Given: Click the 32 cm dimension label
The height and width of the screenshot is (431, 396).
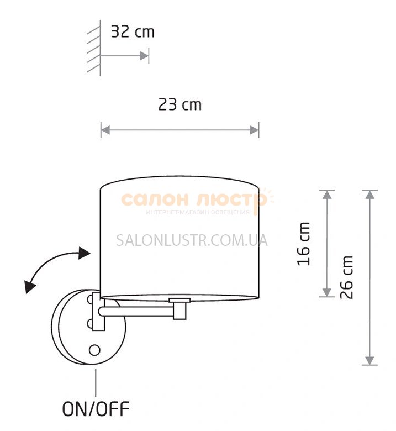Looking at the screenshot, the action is coord(133,32).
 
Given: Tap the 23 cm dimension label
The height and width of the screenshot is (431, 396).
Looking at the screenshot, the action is coord(180,105).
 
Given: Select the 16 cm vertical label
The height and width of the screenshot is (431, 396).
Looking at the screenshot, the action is coord(304,244).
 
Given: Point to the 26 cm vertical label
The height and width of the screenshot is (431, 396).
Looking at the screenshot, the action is coord(346,277).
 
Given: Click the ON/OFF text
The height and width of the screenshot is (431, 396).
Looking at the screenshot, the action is coord(96,409).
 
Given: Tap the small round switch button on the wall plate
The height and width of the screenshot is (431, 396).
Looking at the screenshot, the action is coord(94,350).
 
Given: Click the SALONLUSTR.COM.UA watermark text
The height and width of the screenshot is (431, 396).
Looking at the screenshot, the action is coord(192,240).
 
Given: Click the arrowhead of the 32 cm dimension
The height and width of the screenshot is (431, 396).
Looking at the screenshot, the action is coord(144,56).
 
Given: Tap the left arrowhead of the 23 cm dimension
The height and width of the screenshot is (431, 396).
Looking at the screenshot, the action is coord(105,130).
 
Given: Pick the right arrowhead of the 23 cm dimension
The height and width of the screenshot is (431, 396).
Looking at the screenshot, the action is coord(254,130).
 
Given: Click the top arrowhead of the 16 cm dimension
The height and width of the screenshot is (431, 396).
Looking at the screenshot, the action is coord(327,195).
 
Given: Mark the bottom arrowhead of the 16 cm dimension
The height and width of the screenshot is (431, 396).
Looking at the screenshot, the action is coord(327,292).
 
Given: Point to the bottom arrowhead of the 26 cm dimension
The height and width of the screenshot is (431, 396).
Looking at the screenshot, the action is coord(370,360).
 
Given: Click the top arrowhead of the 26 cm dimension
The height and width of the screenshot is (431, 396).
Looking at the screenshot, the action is coord(370,195).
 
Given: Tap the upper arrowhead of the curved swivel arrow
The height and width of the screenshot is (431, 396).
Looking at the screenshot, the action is coord(84,253).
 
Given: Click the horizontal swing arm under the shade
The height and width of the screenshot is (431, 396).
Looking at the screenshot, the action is coord(136,312).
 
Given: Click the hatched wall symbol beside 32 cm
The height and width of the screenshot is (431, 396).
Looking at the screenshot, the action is coord(94,48).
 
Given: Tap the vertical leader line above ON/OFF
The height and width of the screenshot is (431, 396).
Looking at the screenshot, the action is coord(96,382).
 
